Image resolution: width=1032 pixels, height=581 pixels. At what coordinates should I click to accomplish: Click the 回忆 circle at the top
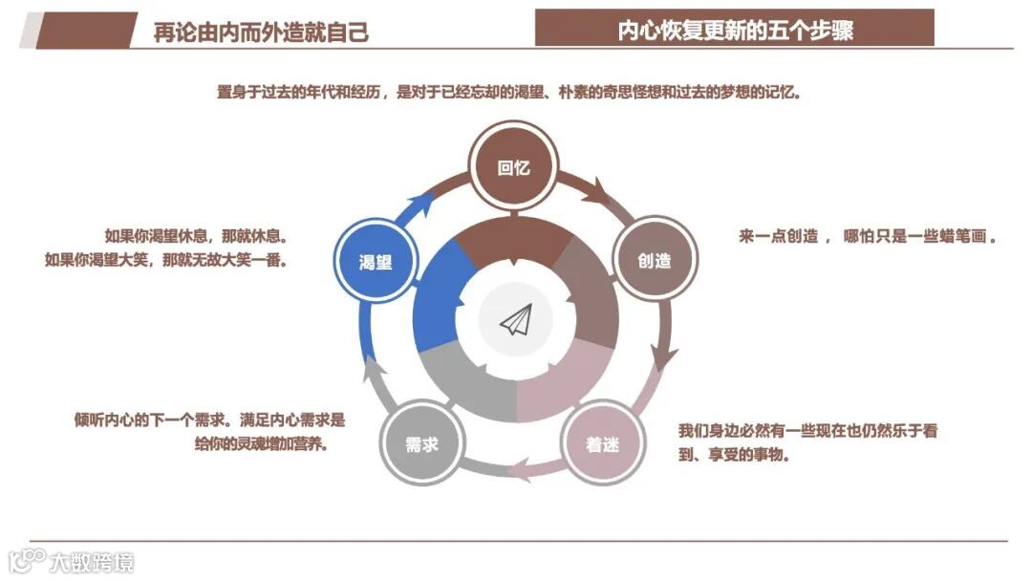(514, 168)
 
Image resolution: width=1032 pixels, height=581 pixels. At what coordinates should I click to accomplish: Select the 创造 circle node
(654, 260)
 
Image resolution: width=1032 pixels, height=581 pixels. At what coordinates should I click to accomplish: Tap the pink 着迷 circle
(603, 443)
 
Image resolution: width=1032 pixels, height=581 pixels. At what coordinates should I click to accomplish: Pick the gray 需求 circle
(421, 443)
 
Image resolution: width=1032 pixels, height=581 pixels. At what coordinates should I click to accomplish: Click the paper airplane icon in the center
(516, 321)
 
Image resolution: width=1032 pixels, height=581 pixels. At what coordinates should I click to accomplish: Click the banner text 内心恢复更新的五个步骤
(734, 30)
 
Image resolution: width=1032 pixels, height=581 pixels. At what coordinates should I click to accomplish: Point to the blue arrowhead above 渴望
(419, 202)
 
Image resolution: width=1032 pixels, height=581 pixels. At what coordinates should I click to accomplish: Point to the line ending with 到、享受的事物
(733, 455)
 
